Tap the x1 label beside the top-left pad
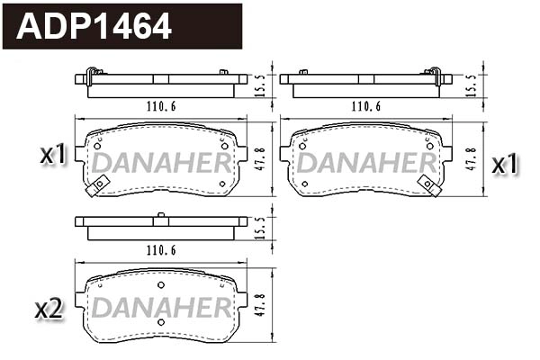click(x=54, y=155)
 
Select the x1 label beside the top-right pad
click(x=505, y=164)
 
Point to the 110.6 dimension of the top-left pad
click(x=159, y=107)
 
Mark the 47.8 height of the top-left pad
click(x=259, y=157)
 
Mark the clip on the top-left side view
click(x=92, y=73)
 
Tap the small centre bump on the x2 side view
click(x=160, y=214)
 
